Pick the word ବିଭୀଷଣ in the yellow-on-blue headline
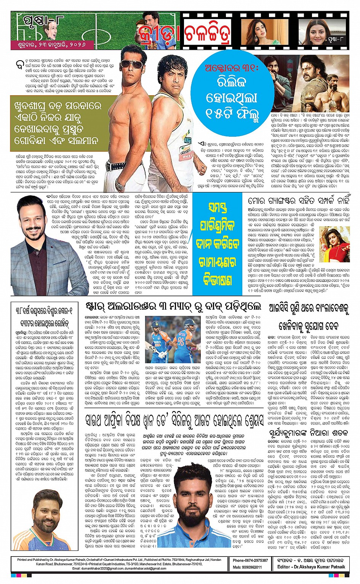(x=218, y=281)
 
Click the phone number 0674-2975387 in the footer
(x=250, y=560)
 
